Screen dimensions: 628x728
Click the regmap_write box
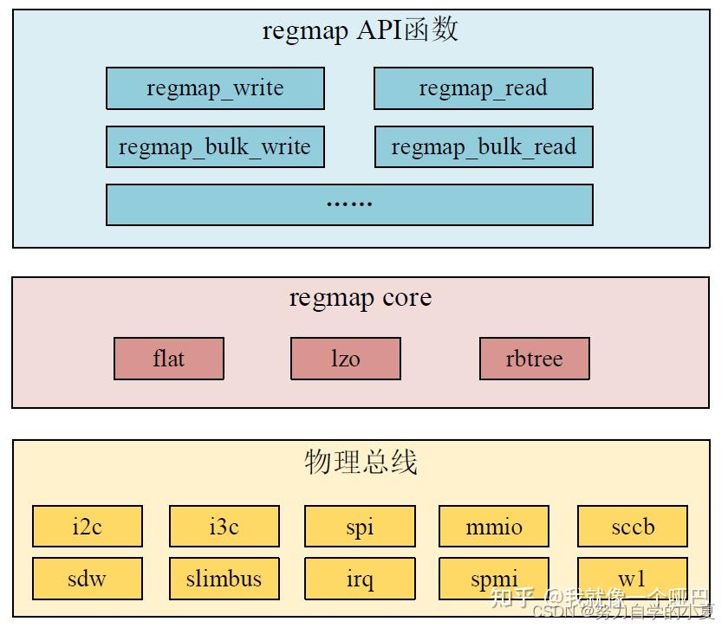point(215,88)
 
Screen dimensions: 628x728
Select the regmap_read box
point(483,88)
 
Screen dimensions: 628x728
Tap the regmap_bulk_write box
point(215,146)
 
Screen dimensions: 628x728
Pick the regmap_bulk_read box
point(483,146)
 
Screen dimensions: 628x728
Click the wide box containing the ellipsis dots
point(349,204)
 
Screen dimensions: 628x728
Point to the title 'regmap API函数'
point(360,31)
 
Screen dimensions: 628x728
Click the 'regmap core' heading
point(360,298)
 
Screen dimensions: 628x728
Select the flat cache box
point(168,359)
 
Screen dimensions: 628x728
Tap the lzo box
point(345,359)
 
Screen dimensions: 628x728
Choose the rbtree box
point(534,359)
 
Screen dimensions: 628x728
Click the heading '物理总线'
point(361,463)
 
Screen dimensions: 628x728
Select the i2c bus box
point(87,527)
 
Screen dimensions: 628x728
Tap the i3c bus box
point(224,527)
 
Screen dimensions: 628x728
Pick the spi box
point(359,527)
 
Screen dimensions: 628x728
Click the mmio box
point(493,527)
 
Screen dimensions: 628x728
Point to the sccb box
point(632,527)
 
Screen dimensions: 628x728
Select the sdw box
point(87,579)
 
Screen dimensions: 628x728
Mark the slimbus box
point(224,579)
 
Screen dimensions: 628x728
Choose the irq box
point(359,579)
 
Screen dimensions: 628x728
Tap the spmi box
point(493,577)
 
